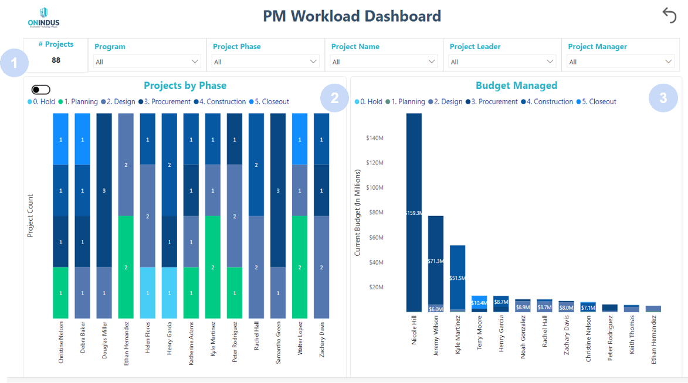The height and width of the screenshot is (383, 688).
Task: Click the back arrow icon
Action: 669,16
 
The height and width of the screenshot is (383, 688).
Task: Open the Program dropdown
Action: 147,61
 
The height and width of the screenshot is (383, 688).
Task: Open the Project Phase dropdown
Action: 266,61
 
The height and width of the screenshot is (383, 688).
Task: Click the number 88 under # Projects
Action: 56,60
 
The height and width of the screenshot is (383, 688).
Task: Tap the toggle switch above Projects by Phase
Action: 41,90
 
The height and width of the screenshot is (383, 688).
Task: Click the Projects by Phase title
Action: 185,86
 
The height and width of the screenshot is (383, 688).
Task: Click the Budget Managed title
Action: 516,86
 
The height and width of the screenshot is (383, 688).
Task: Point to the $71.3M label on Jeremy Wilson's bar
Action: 436,261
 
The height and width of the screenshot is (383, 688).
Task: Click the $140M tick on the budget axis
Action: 374,138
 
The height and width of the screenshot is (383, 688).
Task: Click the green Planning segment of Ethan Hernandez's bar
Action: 126,267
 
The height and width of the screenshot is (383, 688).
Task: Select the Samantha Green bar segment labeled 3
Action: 279,190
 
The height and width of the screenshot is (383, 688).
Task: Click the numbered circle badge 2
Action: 334,98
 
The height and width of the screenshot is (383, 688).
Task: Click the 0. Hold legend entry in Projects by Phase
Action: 41,102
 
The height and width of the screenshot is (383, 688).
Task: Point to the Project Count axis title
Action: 30,216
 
